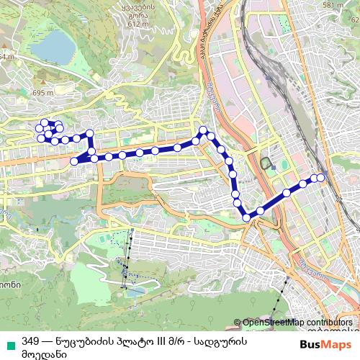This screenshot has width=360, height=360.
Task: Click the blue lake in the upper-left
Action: click(55, 49)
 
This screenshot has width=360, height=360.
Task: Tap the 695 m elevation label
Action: click(42, 94)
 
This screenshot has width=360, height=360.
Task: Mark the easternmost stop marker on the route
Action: click(321, 177)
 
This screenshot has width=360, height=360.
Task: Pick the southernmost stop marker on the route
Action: click(246, 217)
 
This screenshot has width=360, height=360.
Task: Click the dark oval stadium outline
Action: click(269, 163)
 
